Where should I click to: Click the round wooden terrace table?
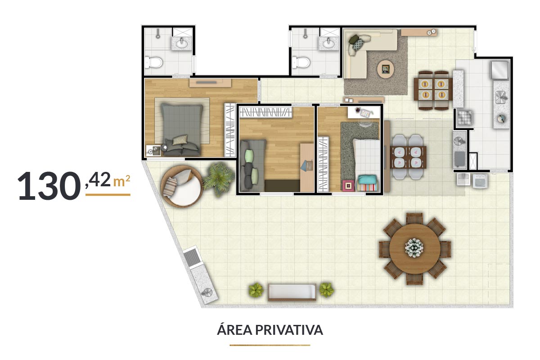[x=414, y=248]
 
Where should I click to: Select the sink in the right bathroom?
[x=328, y=43]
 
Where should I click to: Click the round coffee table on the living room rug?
[x=386, y=69]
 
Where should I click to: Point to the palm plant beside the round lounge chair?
[x=219, y=179]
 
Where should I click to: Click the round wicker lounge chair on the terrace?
[x=182, y=186]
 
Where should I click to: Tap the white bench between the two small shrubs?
[x=292, y=292]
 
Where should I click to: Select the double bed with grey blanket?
[x=182, y=129]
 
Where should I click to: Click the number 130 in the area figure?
[x=49, y=186]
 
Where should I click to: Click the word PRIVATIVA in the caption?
[x=289, y=330]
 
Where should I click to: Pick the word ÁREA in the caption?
[x=235, y=329]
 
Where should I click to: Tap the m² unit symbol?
[x=122, y=180]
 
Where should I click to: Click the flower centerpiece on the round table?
[x=414, y=247]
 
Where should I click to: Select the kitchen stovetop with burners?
[x=464, y=118]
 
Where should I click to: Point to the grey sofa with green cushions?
[x=252, y=166]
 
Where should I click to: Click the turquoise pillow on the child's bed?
[x=367, y=180]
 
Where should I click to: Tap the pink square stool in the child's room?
[x=348, y=186]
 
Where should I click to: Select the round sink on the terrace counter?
[x=207, y=292]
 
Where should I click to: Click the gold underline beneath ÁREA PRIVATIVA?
[x=270, y=345]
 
